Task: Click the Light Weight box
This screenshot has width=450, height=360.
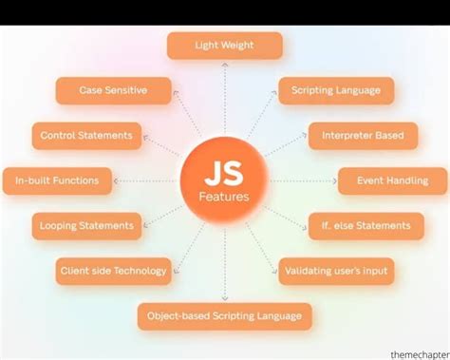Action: (x=225, y=45)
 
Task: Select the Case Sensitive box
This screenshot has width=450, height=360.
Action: (x=114, y=90)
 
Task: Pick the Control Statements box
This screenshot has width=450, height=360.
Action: (x=86, y=135)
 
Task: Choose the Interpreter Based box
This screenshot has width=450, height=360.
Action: (x=362, y=135)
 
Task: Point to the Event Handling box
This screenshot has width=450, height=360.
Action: (x=392, y=180)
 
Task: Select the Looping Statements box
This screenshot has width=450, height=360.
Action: (x=86, y=225)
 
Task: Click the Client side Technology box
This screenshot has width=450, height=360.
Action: (x=114, y=271)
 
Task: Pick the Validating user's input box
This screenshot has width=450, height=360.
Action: (x=337, y=271)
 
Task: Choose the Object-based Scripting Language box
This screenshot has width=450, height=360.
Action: (x=224, y=315)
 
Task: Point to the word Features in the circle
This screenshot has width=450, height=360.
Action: (x=225, y=197)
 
